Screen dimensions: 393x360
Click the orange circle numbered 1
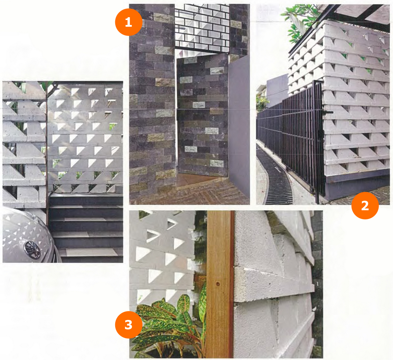click(x=129, y=22)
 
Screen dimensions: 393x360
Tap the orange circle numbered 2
click(x=365, y=205)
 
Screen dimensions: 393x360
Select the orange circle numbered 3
click(x=129, y=324)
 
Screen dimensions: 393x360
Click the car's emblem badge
click(x=32, y=250)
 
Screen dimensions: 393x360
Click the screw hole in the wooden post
click(x=217, y=284)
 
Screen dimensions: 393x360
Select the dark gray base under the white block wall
click(x=357, y=186)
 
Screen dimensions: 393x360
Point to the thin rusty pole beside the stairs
click(x=47, y=153)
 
